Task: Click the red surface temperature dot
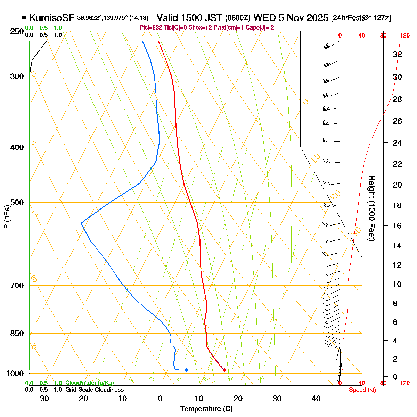click(x=224, y=370)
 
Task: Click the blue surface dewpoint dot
click(x=186, y=370)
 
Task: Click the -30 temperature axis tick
click(x=43, y=399)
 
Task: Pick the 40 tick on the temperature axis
click(x=316, y=399)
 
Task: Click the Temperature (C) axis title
click(x=206, y=409)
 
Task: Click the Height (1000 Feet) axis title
click(x=371, y=208)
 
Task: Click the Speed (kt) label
click(x=362, y=390)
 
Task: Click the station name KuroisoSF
click(x=52, y=18)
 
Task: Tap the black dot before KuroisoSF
click(x=24, y=17)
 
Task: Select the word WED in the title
click(x=263, y=18)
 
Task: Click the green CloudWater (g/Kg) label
click(x=89, y=383)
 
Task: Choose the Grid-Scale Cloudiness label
click(x=94, y=390)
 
